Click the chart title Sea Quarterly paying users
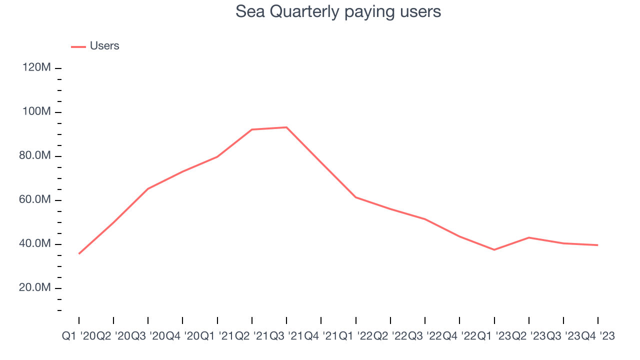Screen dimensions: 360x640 tap(338, 12)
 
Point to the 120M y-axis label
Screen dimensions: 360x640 tap(36, 67)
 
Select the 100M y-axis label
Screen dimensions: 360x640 tap(36, 111)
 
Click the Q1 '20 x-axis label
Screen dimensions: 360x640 tap(79, 336)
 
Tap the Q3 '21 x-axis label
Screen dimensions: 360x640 tap(286, 336)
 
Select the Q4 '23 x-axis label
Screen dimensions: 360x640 tap(598, 336)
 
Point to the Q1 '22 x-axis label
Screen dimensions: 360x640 tap(355, 336)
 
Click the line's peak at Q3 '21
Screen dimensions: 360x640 tap(286, 127)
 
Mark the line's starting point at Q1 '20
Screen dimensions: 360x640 tap(79, 253)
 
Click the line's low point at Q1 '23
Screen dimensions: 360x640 tap(494, 249)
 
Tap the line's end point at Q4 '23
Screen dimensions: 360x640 tap(597, 245)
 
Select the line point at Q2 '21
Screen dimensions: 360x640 tap(252, 129)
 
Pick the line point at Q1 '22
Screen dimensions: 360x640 tap(355, 197)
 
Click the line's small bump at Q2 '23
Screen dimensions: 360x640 tap(528, 237)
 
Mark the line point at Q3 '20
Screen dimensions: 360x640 tap(148, 188)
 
